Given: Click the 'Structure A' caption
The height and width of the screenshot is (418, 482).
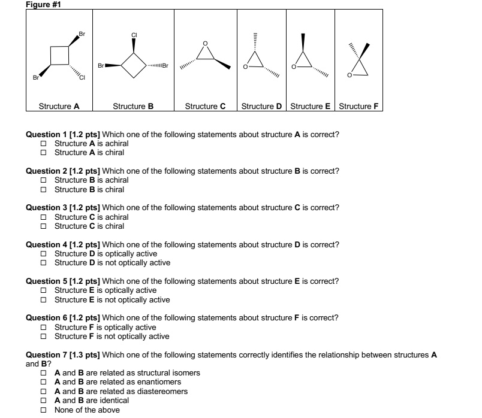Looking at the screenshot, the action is pyautogui.click(x=59, y=107).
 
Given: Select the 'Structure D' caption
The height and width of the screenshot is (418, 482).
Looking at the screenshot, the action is pyautogui.click(x=261, y=107).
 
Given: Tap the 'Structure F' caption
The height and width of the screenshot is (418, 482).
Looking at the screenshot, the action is pyautogui.click(x=359, y=107).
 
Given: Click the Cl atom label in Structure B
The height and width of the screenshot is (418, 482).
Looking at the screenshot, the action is pyautogui.click(x=135, y=34).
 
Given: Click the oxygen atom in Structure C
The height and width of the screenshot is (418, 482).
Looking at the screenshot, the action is pyautogui.click(x=206, y=43).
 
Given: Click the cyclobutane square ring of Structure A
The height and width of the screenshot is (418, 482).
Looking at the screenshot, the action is pyautogui.click(x=59, y=56).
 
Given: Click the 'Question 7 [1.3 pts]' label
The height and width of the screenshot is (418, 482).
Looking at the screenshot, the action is pyautogui.click(x=64, y=355).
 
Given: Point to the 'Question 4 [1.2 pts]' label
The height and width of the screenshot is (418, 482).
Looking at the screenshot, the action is pyautogui.click(x=64, y=245).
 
